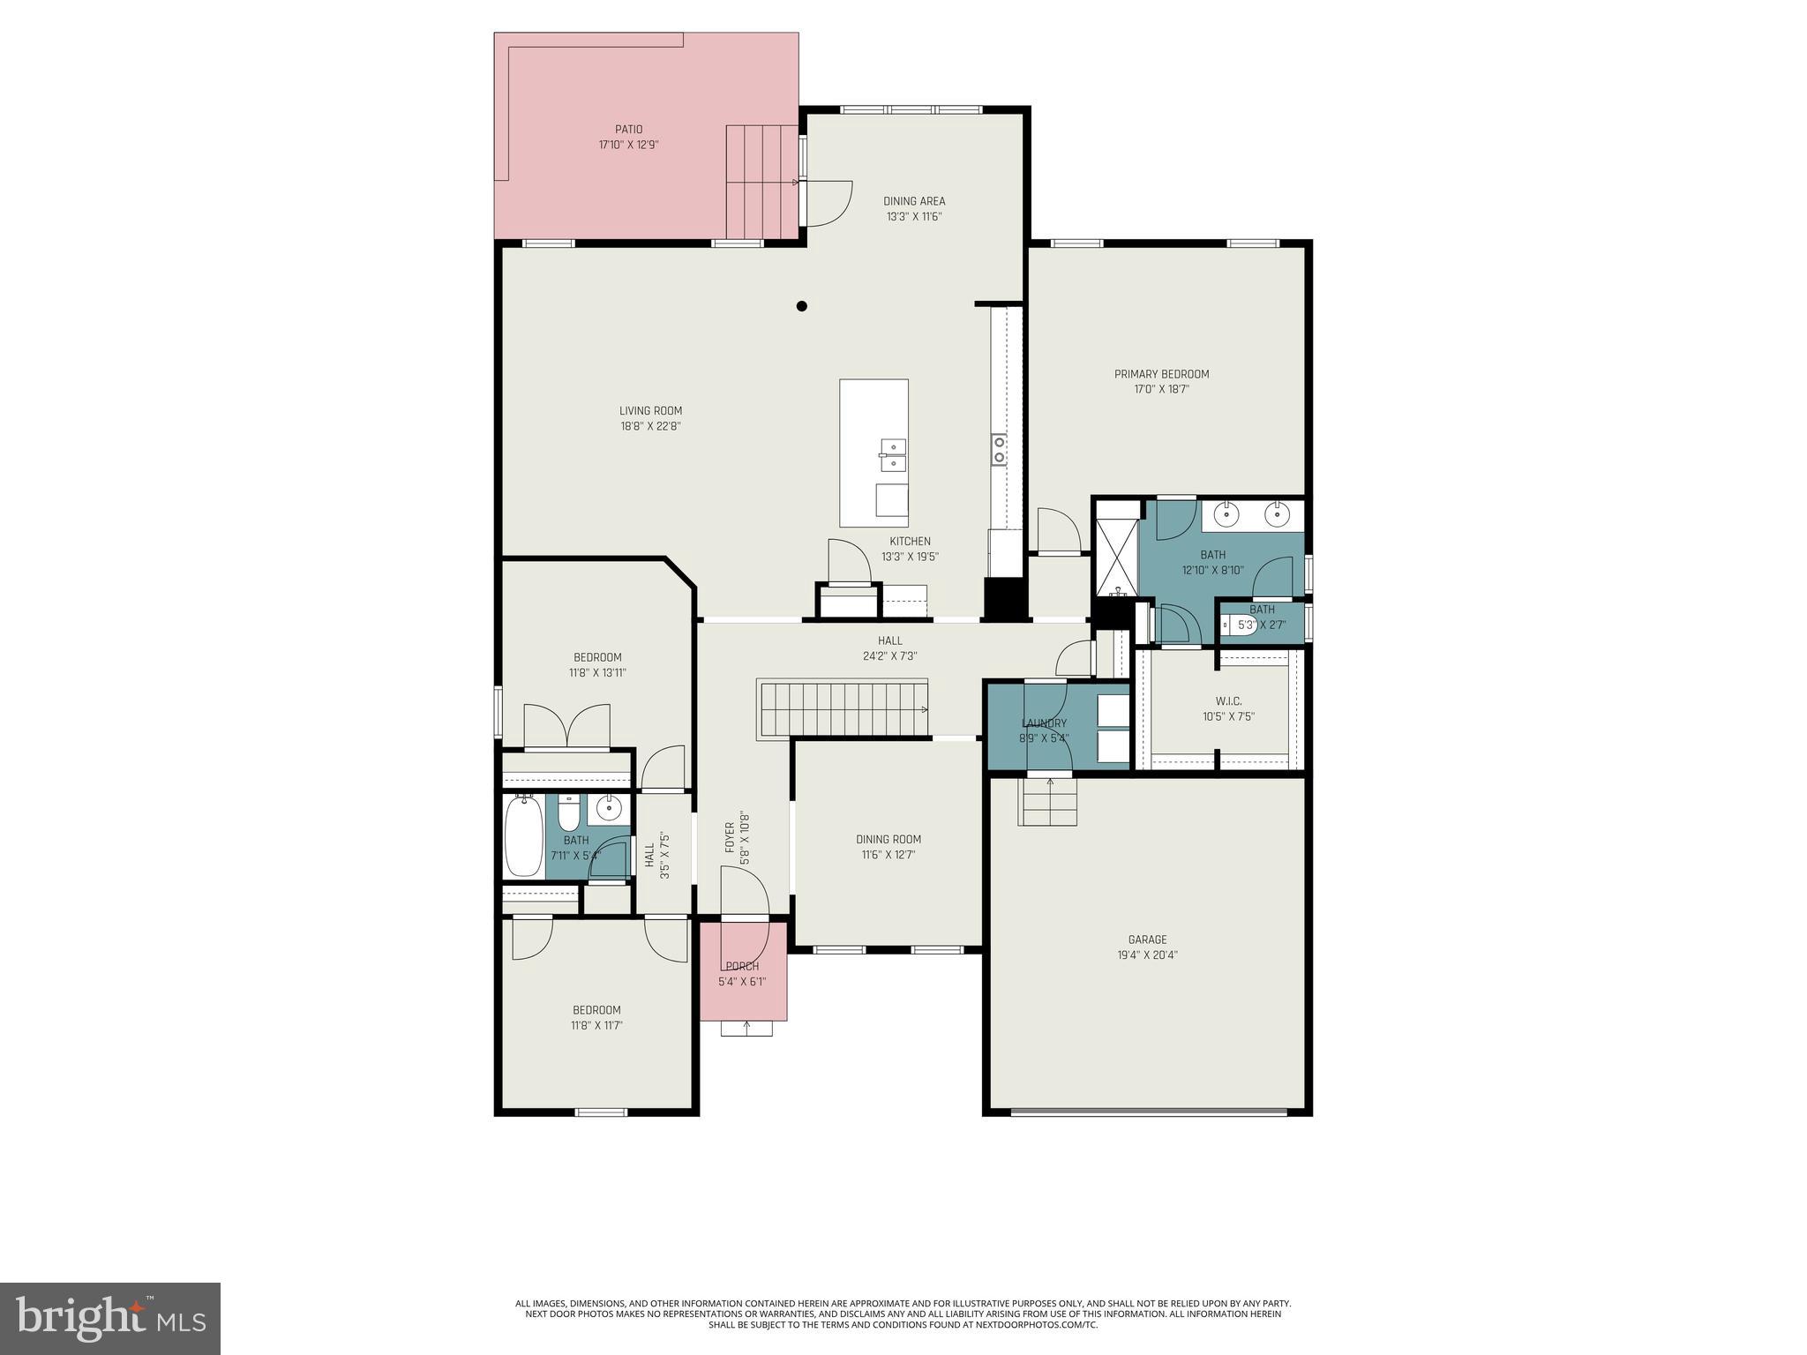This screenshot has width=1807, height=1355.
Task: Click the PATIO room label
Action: tap(628, 130)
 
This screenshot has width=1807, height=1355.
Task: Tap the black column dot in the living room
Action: tap(802, 306)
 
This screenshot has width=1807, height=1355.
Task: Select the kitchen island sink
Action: tap(892, 455)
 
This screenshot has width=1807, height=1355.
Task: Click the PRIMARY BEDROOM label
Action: tap(1161, 374)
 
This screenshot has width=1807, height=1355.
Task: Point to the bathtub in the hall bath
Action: tap(523, 836)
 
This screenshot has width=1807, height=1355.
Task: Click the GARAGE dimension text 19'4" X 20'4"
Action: tap(1147, 954)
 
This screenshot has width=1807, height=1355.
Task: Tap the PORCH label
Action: tap(742, 966)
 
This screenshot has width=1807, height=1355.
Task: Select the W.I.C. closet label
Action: tap(1228, 701)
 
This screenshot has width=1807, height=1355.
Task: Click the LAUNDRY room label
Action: tap(1044, 723)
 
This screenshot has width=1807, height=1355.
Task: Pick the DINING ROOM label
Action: tap(889, 839)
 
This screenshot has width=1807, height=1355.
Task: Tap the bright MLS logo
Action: tap(110, 1319)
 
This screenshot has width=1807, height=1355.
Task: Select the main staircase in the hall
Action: tap(844, 708)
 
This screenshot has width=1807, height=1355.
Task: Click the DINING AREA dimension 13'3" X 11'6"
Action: tap(914, 216)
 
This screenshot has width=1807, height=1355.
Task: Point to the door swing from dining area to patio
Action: tap(829, 202)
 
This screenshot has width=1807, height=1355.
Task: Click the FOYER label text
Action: tap(730, 837)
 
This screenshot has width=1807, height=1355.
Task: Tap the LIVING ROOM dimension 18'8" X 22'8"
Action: tap(650, 426)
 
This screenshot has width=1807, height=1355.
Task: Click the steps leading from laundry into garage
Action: tap(1048, 802)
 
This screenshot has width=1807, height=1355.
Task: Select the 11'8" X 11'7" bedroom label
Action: tap(596, 1025)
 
